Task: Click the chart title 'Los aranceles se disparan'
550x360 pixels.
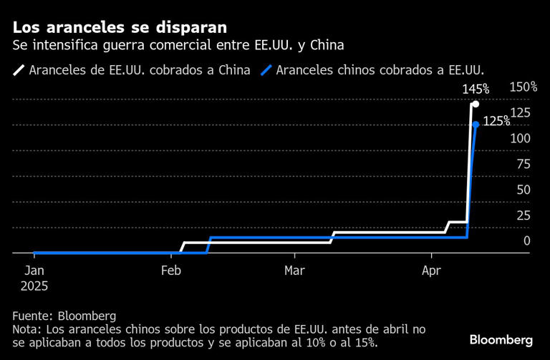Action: (120, 27)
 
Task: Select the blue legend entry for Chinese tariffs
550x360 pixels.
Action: (373, 70)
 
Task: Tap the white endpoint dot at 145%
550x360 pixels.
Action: (476, 104)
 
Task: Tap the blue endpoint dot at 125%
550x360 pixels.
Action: (476, 125)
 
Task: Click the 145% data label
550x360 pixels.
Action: (475, 89)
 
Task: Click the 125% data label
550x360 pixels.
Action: (496, 122)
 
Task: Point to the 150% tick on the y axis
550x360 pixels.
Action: (523, 87)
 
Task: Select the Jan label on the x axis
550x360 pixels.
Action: (34, 271)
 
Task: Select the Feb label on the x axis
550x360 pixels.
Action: (171, 271)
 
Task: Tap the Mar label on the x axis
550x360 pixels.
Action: (294, 271)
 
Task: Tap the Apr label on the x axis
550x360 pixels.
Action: (431, 271)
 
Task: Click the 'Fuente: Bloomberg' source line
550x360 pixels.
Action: (64, 316)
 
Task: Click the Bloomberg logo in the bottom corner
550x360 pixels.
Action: (501, 339)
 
